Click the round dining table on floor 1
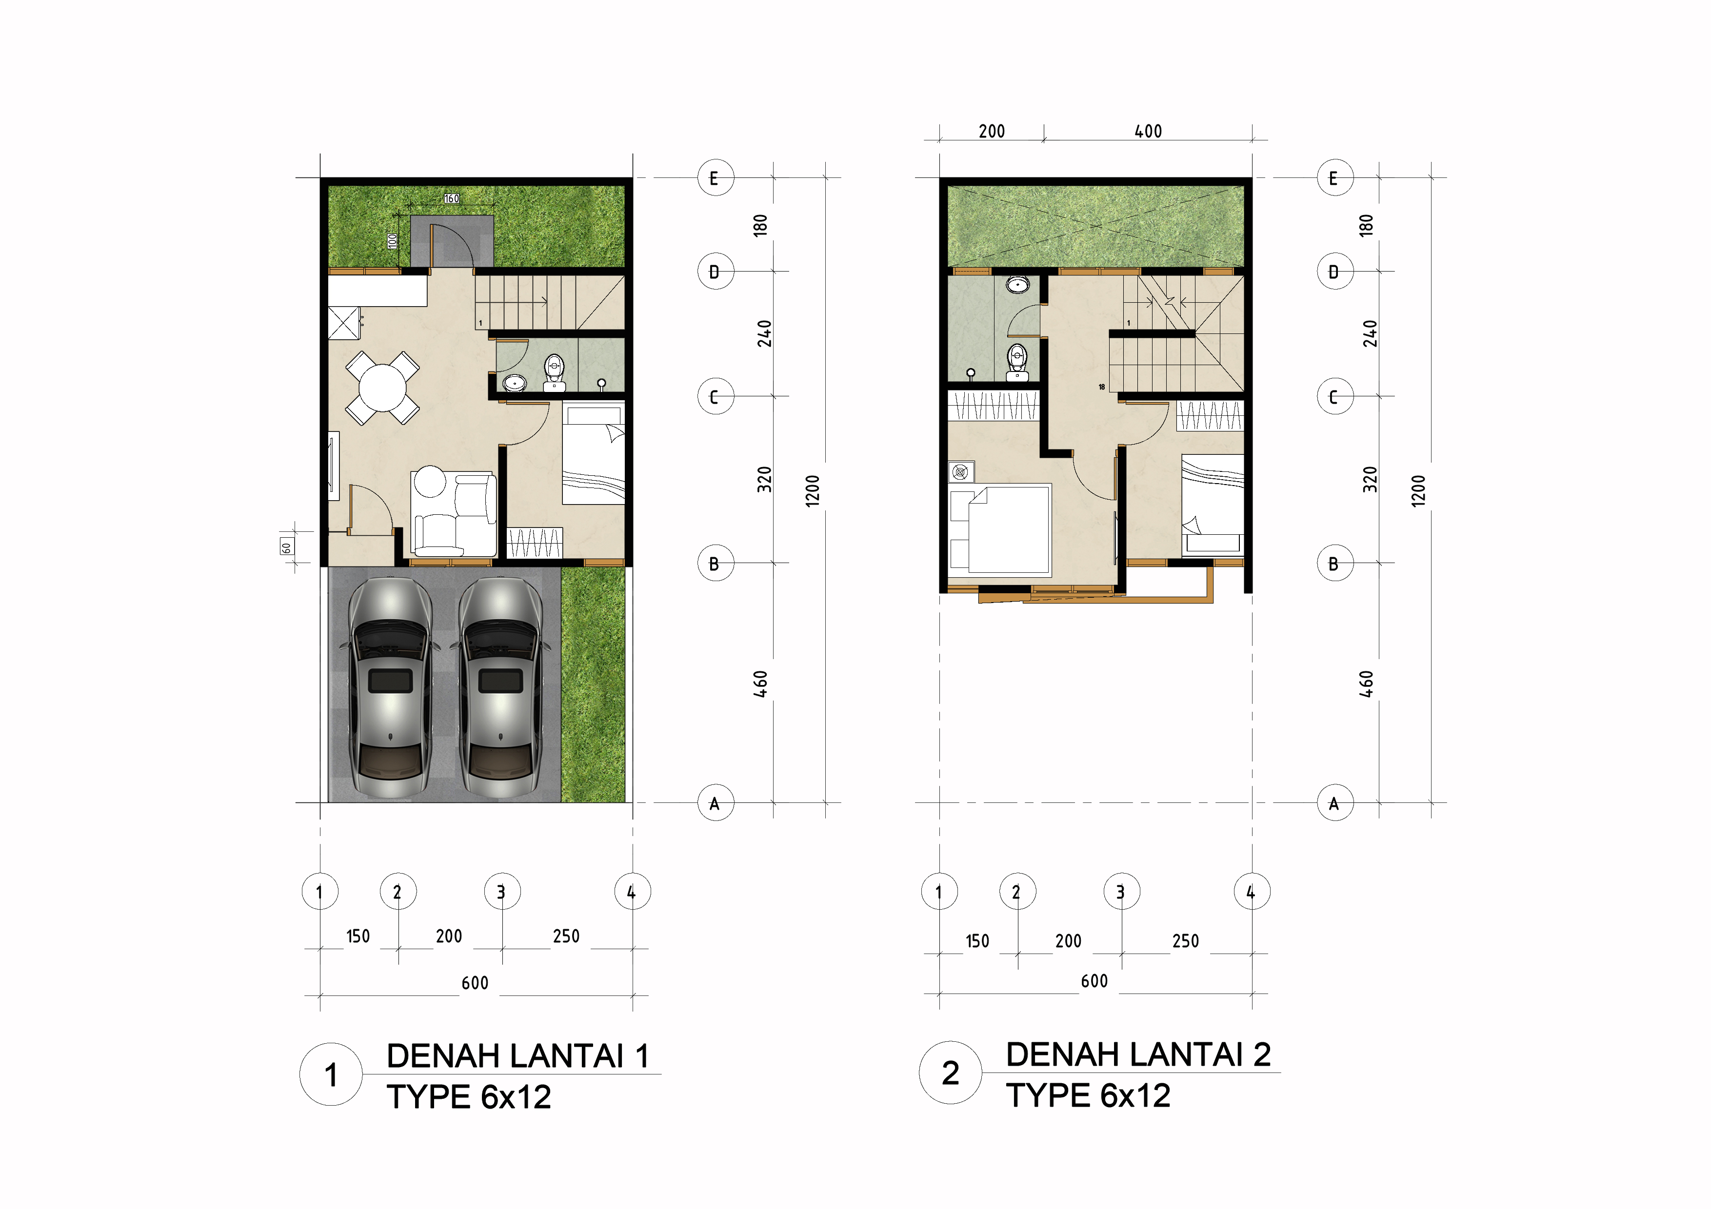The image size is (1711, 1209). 383,388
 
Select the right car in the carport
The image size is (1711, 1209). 500,687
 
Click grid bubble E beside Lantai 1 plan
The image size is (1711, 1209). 716,178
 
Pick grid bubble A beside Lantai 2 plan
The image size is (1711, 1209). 1334,803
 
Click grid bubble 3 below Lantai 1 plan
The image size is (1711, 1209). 501,892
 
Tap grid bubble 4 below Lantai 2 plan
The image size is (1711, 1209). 1251,892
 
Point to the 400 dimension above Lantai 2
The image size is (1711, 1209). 1148,132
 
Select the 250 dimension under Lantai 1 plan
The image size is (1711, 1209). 566,936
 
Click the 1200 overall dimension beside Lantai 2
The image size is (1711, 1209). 1418,491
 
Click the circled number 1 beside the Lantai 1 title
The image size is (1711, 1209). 331,1074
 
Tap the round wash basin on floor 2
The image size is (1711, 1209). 1017,284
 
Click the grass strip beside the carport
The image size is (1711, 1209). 593,684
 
